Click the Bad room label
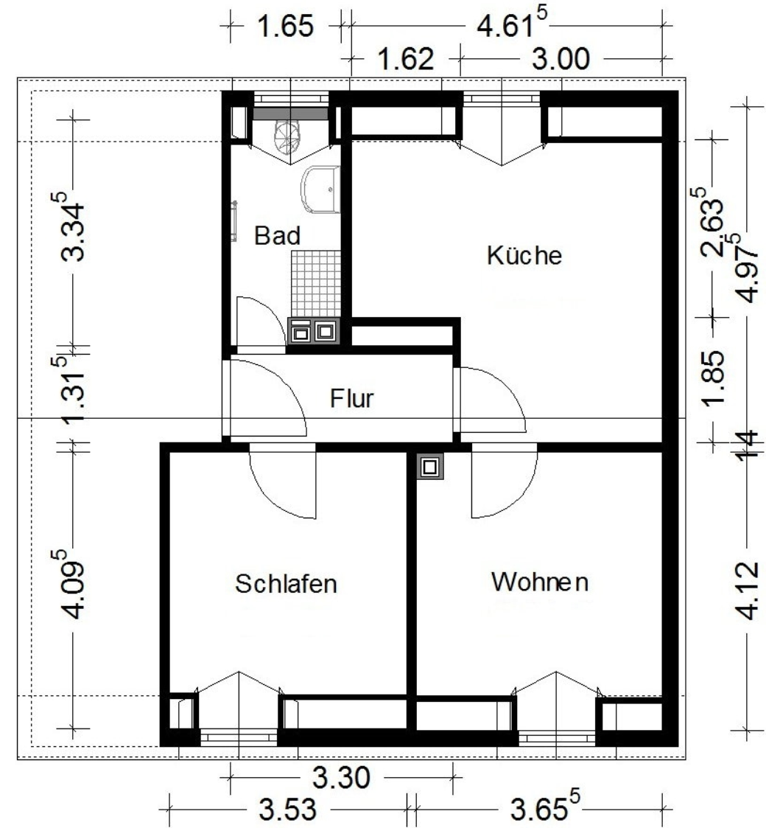277,235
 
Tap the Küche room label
524,256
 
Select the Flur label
352,398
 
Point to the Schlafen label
286,583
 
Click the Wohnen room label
540,582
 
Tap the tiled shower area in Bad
315,284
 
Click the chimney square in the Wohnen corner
430,467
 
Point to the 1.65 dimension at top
285,26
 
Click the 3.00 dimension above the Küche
561,58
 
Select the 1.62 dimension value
407,58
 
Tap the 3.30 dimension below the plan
341,777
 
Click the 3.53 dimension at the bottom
288,809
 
